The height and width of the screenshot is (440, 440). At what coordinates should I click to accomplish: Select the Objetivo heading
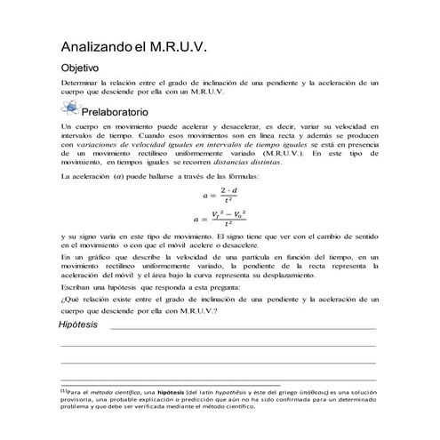coord(79,68)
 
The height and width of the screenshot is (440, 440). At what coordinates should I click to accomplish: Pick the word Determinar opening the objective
coord(80,83)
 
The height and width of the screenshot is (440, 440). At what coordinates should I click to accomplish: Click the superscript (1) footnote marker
coord(63,391)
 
